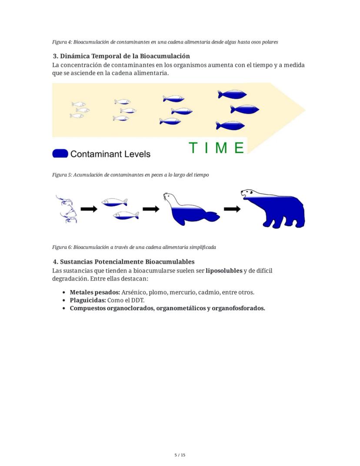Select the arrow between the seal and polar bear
[x=232, y=209]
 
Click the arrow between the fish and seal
[x=151, y=209]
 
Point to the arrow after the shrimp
[x=89, y=209]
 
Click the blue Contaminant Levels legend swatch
[x=60, y=154]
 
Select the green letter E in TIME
[x=239, y=148]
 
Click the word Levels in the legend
[x=136, y=154]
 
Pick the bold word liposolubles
[x=223, y=271]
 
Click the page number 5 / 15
[x=180, y=455]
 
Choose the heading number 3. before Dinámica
[x=55, y=56]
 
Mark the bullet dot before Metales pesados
[x=64, y=293]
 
